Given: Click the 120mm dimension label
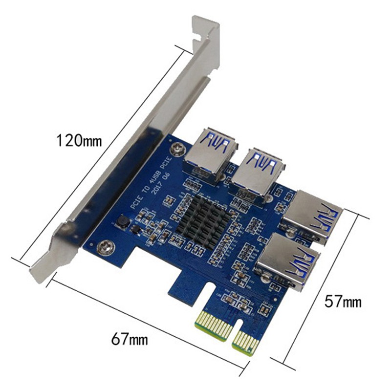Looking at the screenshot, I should pyautogui.click(x=79, y=141).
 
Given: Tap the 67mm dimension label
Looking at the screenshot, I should pyautogui.click(x=129, y=338).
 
